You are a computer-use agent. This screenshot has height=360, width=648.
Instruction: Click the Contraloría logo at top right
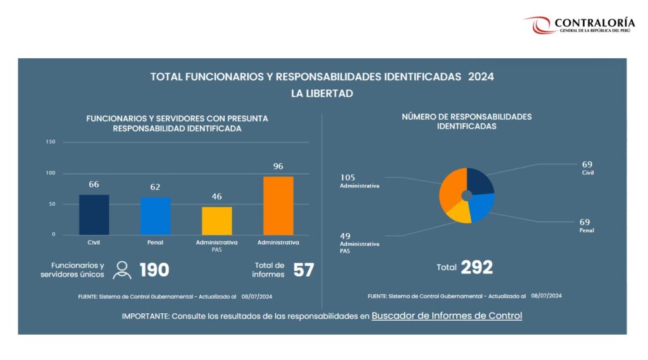coord(578,25)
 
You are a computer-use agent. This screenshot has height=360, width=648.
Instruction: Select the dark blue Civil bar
coord(94,214)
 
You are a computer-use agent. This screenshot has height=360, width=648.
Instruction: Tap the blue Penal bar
coord(155,216)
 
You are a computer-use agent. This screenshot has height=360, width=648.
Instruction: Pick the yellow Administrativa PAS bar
coord(216,221)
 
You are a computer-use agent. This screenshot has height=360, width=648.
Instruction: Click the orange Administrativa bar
coord(278,206)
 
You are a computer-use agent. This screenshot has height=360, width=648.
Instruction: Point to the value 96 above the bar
coord(278,166)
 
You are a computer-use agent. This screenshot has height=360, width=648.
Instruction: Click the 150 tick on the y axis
coord(51,142)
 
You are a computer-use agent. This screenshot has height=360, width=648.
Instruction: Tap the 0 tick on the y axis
coord(53,235)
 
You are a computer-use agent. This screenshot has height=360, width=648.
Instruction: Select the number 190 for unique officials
coord(154,270)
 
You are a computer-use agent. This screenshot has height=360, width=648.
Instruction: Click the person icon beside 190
coord(122,270)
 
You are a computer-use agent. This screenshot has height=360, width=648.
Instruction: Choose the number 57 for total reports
coord(304,270)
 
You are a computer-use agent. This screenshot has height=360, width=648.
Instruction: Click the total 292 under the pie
coord(477,267)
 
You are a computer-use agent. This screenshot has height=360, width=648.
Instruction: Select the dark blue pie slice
coord(480,182)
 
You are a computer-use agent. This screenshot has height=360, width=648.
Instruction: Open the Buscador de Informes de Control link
coord(447,316)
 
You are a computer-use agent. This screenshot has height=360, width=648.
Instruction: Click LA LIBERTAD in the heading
coord(322,93)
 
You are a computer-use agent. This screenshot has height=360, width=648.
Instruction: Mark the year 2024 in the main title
coord(481,77)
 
